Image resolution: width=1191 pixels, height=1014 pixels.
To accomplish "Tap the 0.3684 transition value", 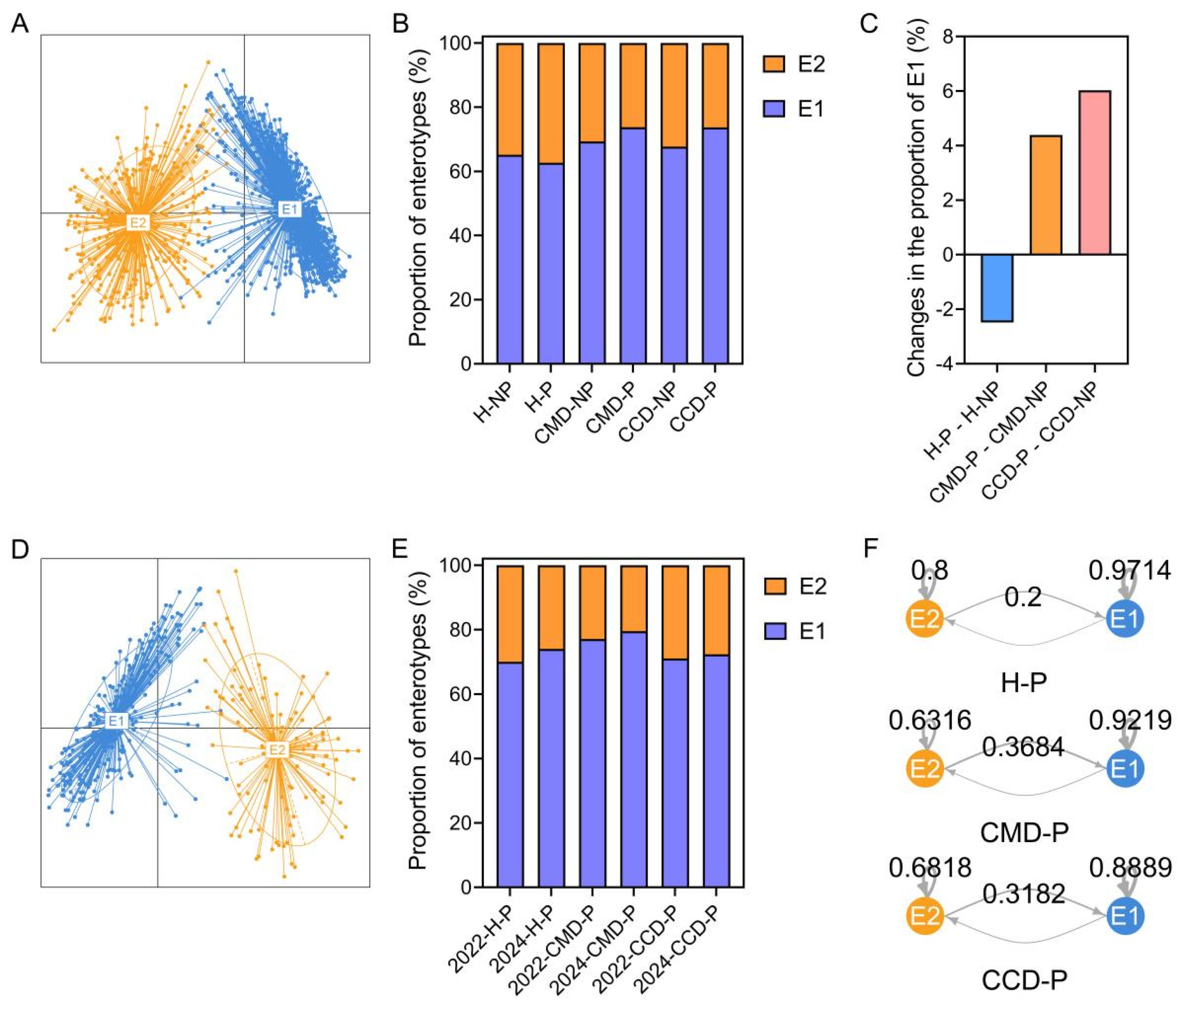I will pos(1023,747).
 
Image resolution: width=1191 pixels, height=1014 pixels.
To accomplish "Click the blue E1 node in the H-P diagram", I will pos(1125,619).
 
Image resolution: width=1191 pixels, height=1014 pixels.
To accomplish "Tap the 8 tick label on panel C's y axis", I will pos(943,37).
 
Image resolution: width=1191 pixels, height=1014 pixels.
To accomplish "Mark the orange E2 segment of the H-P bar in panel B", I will pos(551,103).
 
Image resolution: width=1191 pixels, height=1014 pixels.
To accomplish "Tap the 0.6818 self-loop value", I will pos(929,868).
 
